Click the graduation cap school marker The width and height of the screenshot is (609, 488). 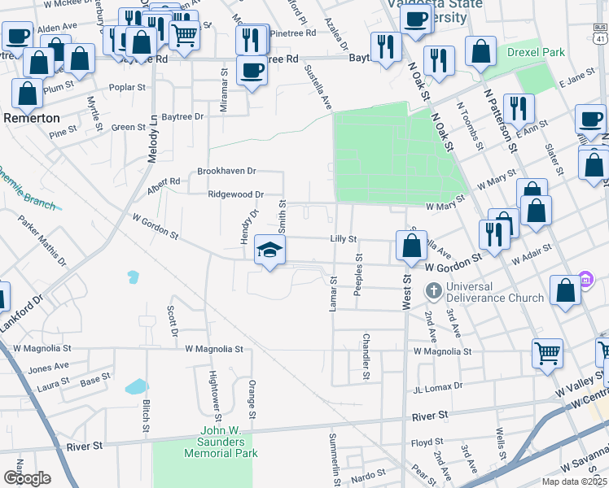270,250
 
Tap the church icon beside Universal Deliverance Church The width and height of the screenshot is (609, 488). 434,290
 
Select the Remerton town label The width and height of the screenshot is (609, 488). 32,117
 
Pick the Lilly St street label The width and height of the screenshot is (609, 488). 343,239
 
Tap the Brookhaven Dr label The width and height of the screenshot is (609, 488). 227,172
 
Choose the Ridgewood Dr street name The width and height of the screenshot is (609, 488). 236,194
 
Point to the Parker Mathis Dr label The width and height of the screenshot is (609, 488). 36,239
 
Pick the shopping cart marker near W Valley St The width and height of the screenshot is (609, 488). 548,353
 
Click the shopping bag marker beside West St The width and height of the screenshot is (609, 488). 412,245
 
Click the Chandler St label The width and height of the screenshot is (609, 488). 366,356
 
